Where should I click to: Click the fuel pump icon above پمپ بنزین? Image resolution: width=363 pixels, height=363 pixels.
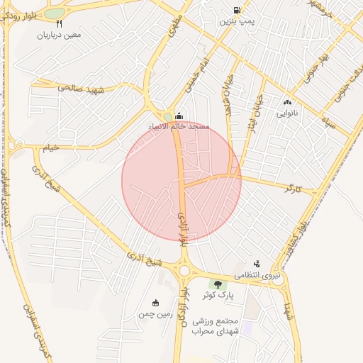tap(236, 11)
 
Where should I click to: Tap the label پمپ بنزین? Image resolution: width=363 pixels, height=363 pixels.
tap(236, 22)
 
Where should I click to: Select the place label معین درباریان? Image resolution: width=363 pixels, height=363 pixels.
tap(60, 34)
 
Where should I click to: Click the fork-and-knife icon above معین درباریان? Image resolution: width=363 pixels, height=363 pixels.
tap(60, 23)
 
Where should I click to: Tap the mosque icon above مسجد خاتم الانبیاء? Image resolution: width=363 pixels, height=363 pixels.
tap(179, 116)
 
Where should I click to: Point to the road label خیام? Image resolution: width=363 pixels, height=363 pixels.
tap(52, 147)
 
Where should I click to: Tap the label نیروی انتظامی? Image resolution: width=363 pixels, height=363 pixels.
tap(258, 274)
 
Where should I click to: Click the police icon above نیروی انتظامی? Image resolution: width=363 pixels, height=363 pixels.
tap(257, 263)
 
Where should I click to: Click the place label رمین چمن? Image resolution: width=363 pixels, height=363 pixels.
tap(156, 313)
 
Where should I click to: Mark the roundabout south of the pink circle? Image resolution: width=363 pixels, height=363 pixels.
tap(186, 270)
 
